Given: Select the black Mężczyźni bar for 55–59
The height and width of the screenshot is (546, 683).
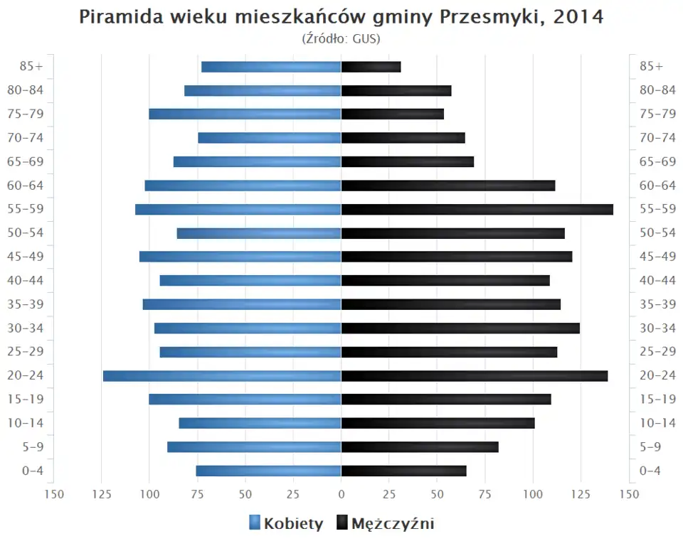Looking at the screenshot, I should point(477,209).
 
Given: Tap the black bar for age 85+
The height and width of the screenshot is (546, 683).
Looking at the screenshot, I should point(371,67).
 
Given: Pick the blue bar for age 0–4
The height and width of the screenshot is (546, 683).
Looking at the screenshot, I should point(269,471).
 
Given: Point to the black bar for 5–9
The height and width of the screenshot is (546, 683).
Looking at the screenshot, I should point(420,446).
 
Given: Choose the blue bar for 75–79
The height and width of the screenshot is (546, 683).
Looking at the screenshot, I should point(245,114).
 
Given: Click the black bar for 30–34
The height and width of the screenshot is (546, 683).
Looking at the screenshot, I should point(460,328).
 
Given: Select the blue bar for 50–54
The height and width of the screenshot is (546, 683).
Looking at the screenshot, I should point(259,233).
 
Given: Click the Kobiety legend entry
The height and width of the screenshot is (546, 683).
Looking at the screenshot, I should point(286,524).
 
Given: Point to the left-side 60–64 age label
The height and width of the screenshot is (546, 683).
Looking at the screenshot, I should point(26,186).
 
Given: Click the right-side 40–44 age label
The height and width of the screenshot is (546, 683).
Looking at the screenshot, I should point(657,280).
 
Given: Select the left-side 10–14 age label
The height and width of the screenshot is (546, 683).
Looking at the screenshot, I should point(26,423).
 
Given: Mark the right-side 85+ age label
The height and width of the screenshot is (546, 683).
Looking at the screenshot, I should point(651,66).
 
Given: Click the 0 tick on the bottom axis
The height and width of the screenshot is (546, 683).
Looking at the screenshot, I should point(341,494).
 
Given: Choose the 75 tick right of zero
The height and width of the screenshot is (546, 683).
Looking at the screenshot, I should point(485,494).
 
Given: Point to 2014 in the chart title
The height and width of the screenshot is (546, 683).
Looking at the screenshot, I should point(578,17).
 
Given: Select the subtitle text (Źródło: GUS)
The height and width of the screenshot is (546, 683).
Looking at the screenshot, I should point(341,38).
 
